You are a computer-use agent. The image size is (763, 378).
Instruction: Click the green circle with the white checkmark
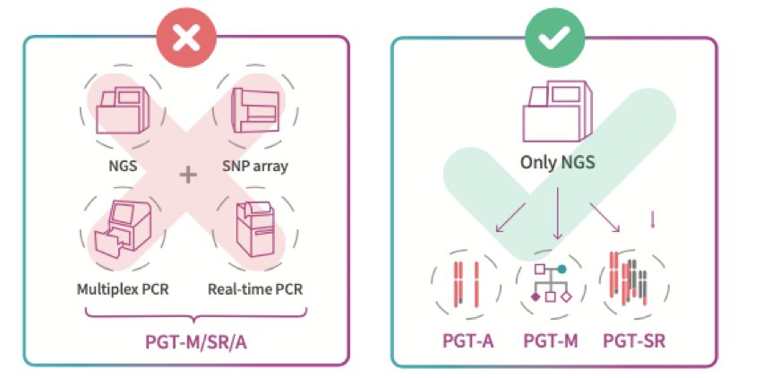tap(556, 36)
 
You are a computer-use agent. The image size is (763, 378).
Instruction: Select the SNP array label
tap(253, 166)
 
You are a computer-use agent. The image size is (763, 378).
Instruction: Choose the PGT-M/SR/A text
tap(187, 342)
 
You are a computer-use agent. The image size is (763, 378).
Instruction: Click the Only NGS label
tap(556, 163)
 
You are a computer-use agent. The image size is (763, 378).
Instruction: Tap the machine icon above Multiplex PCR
tap(122, 236)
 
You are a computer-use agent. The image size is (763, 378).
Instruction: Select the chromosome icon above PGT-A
tap(466, 285)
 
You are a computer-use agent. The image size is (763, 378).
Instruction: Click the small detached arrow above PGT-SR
tap(652, 219)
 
